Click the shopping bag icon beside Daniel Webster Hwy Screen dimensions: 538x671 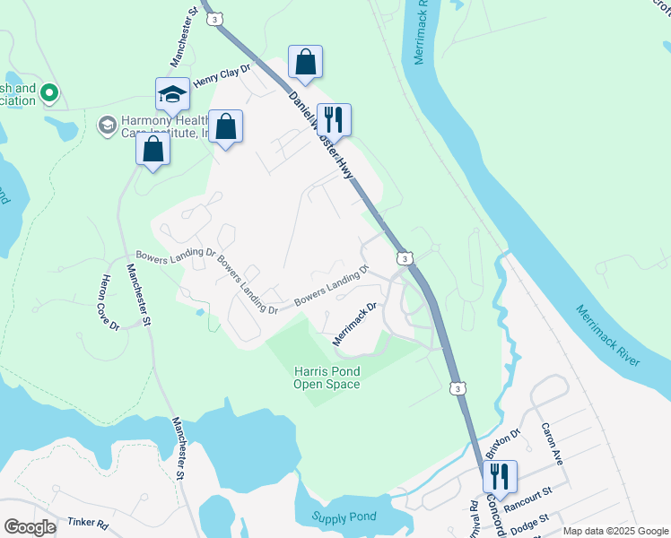(x=305, y=63)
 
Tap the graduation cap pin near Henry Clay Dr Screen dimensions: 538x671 (x=172, y=94)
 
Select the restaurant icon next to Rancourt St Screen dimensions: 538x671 (x=500, y=475)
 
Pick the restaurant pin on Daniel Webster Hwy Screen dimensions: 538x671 (x=334, y=118)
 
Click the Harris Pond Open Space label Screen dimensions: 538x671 (x=327, y=377)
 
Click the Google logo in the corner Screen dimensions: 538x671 (x=30, y=526)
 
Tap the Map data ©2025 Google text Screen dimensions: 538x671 (x=614, y=531)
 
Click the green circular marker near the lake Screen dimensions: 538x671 (x=49, y=92)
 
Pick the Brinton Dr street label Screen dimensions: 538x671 (x=503, y=443)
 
